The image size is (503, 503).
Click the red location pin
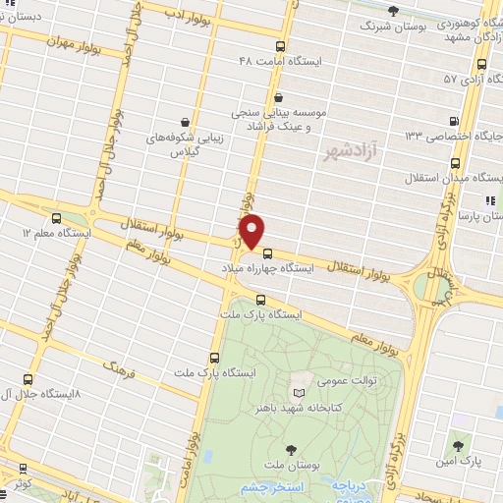coord(252,231)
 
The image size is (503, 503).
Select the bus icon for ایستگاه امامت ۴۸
coord(281,46)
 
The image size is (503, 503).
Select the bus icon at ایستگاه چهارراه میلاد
coord(268,253)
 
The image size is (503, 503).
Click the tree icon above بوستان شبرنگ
coord(393,11)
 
